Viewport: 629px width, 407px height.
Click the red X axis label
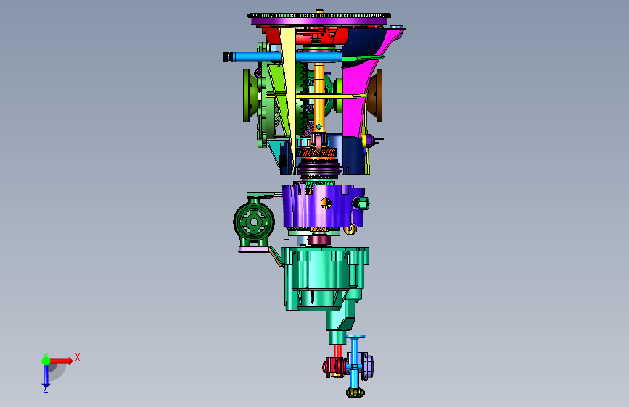pos(78,357)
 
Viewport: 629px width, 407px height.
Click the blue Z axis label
pos(45,389)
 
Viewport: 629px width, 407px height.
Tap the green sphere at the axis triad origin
pos(46,361)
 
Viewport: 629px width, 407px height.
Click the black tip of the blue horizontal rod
pos(228,56)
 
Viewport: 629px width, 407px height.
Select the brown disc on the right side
pos(376,96)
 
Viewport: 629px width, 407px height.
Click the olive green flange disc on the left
pos(248,96)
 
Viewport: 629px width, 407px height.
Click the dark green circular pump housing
pos(254,222)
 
